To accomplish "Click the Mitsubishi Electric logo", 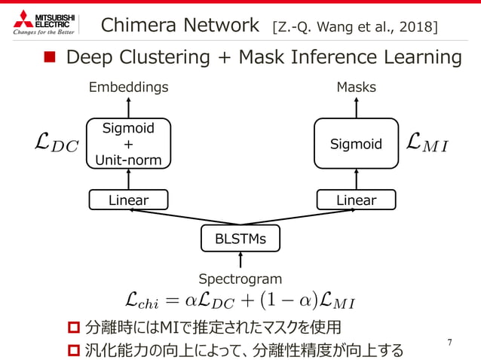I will (x=44, y=23).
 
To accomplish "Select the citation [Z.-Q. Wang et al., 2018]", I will (x=354, y=28).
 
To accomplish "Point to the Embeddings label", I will (x=128, y=87).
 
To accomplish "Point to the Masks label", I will (x=356, y=88).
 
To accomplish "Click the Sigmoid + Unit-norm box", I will (x=128, y=143).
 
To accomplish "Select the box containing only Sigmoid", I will (x=356, y=143).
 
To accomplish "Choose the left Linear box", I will (x=128, y=200).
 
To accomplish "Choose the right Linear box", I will (x=356, y=200).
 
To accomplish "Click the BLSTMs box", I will (x=240, y=239).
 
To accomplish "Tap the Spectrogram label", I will (x=240, y=279).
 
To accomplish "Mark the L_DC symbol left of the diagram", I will (x=57, y=143).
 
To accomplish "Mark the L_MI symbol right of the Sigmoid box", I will (x=427, y=142).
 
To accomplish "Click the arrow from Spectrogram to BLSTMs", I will (x=240, y=261).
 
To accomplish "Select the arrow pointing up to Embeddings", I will (x=128, y=106).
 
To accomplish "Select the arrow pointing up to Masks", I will (x=356, y=106).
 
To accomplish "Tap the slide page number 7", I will (x=449, y=343).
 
